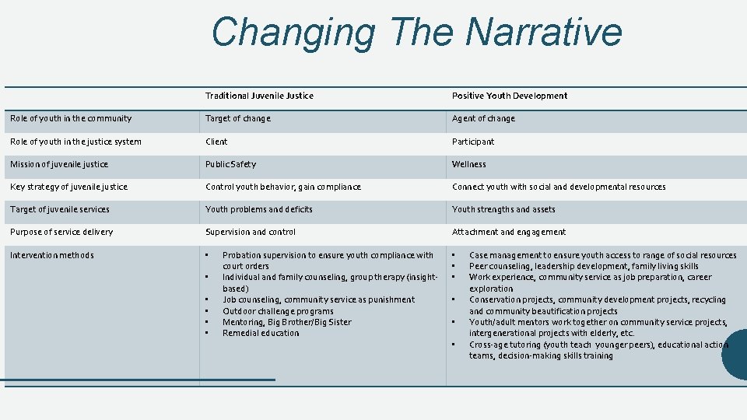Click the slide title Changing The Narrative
click(x=416, y=33)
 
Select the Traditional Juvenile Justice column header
click(x=259, y=96)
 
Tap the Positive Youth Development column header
click(x=510, y=96)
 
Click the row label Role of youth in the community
click(x=71, y=119)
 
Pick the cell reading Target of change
click(x=238, y=119)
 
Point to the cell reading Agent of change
click(x=483, y=119)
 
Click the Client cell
click(x=216, y=142)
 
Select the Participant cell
click(x=473, y=142)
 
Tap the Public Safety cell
click(x=230, y=165)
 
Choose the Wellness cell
click(x=469, y=165)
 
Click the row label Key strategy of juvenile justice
click(x=68, y=187)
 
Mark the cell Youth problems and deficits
click(x=259, y=210)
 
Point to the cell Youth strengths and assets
click(x=503, y=210)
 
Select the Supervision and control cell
click(x=251, y=233)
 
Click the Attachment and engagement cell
click(x=509, y=233)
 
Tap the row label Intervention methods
click(x=52, y=256)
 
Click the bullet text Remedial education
click(x=261, y=334)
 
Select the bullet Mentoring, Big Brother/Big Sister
click(x=286, y=323)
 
